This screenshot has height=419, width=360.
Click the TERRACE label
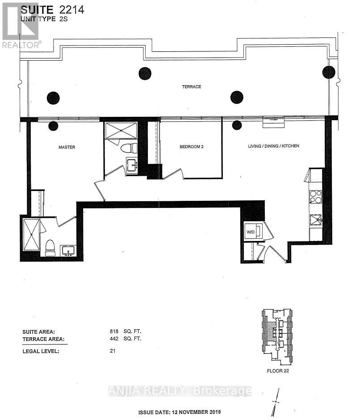pos(193,87)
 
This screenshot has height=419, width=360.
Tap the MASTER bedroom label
pos(66,147)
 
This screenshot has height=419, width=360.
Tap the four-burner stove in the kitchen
pos(316,196)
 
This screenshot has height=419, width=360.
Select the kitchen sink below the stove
pos(316,220)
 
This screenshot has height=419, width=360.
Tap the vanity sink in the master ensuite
pos(68,250)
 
